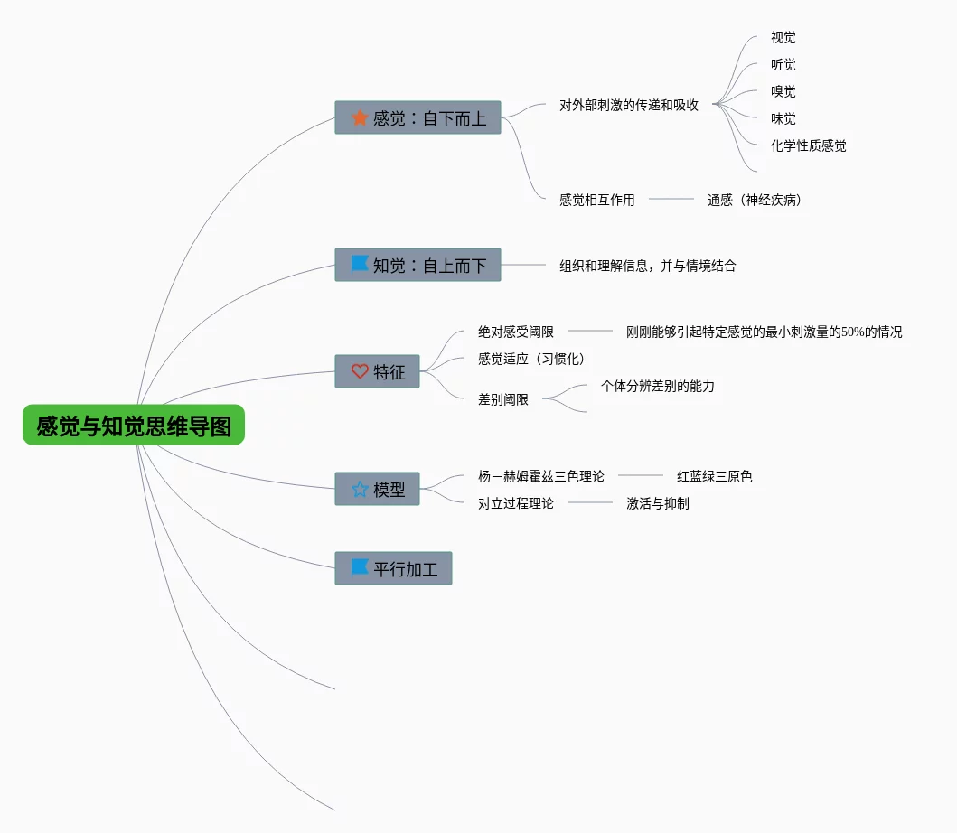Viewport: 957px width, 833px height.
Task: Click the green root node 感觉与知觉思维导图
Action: pyautogui.click(x=134, y=425)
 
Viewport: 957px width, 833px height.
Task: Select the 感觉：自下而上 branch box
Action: pyautogui.click(x=418, y=117)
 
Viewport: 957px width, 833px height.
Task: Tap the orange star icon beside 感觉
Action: pyautogui.click(x=360, y=117)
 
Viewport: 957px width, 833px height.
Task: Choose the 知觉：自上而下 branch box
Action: pyautogui.click(x=418, y=265)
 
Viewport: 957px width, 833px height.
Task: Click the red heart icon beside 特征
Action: pyautogui.click(x=360, y=371)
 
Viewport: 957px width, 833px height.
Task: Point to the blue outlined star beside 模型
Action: pyautogui.click(x=360, y=489)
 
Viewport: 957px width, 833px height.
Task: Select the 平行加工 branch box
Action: pyautogui.click(x=393, y=568)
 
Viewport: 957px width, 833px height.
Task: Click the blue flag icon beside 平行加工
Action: pyautogui.click(x=360, y=567)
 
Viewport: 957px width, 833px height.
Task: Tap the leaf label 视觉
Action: pyautogui.click(x=783, y=38)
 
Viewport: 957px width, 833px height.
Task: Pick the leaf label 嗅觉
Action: pyautogui.click(x=783, y=91)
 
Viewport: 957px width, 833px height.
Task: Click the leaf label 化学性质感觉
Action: pyautogui.click(x=808, y=145)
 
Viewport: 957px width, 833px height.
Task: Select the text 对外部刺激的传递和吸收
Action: pyautogui.click(x=628, y=105)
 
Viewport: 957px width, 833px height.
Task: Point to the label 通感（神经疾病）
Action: pyautogui.click(x=754, y=200)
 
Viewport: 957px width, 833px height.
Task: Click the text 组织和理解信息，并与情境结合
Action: pyautogui.click(x=647, y=266)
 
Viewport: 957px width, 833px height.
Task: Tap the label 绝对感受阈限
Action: pyautogui.click(x=515, y=332)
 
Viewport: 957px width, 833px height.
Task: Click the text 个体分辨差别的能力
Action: pyautogui.click(x=657, y=386)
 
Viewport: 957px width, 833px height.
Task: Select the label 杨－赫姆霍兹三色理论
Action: pyautogui.click(x=540, y=476)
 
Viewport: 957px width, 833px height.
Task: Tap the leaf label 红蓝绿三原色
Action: pyautogui.click(x=714, y=476)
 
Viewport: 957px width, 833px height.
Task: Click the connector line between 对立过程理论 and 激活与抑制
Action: pyautogui.click(x=590, y=502)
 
